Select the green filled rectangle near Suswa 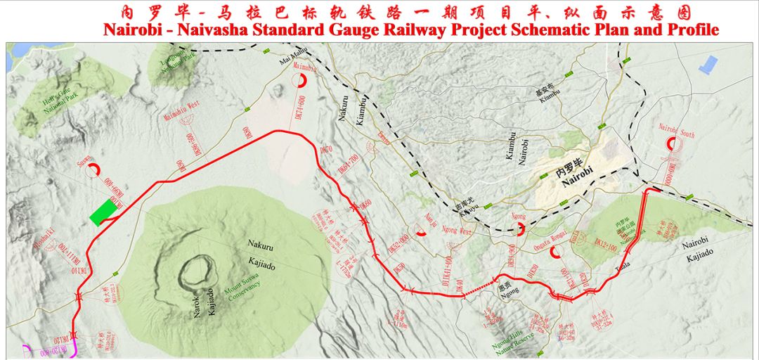pos(104,212)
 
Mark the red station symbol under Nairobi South pos(674,143)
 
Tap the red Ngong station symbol pos(521,229)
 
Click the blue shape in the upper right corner pos(707,64)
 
